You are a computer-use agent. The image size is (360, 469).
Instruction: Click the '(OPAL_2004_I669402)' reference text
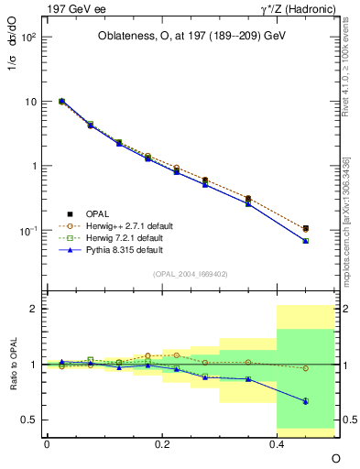tap(191, 273)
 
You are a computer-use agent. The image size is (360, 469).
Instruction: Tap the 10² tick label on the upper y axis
tap(27, 38)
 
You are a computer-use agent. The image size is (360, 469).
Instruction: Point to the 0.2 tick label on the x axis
tap(162, 443)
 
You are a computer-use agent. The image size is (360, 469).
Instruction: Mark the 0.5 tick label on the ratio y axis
tap(29, 420)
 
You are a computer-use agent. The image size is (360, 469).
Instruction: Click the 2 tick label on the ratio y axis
tap(33, 309)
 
